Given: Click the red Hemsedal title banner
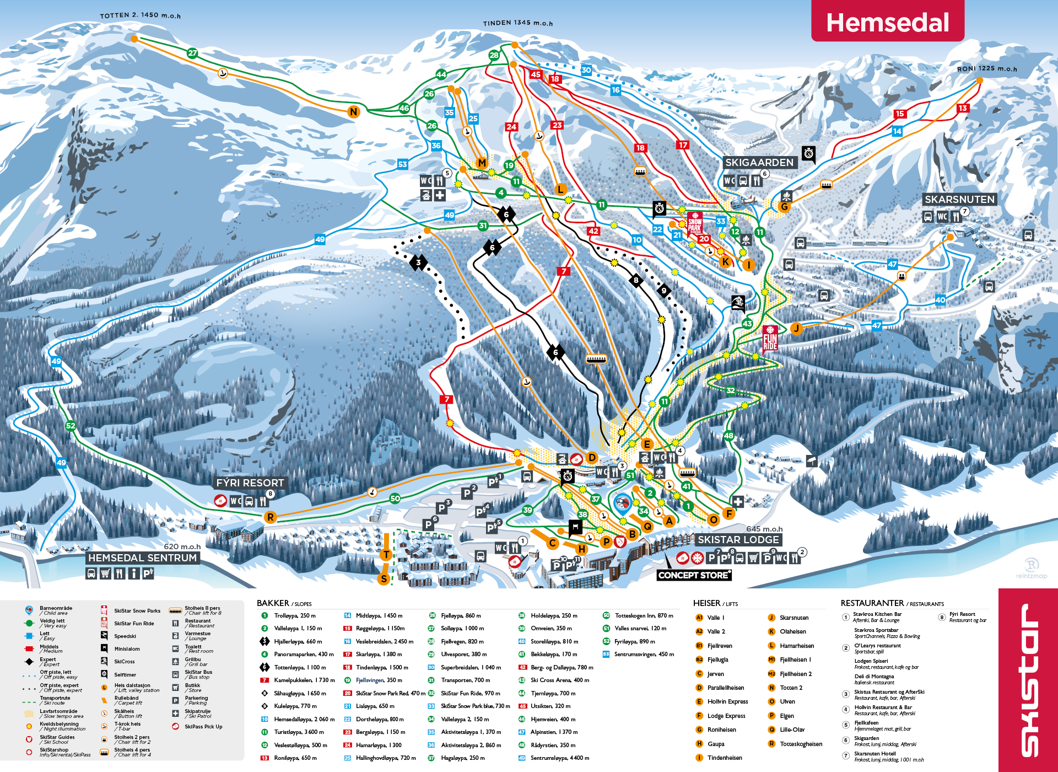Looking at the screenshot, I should click(887, 22).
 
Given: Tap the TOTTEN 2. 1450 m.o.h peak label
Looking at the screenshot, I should click(140, 15).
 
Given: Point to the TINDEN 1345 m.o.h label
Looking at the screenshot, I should click(517, 23).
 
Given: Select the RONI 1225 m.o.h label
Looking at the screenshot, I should click(986, 68).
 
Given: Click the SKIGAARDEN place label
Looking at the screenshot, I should click(759, 162).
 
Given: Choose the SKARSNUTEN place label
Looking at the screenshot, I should click(959, 199).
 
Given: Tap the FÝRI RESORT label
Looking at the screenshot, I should click(250, 482).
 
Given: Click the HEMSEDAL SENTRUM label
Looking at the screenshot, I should click(142, 557).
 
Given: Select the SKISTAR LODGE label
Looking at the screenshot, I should click(738, 539).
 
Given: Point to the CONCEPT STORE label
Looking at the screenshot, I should click(694, 575).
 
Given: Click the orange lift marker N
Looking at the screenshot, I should click(354, 112).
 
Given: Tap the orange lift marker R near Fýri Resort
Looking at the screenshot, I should click(270, 517).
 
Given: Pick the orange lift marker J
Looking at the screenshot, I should click(796, 329).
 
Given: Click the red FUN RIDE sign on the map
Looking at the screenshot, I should click(770, 339).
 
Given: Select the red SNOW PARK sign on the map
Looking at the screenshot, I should click(694, 223).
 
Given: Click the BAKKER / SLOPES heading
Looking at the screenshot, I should click(284, 603).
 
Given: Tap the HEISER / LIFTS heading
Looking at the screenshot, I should click(715, 603).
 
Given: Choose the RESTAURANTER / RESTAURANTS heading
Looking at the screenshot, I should click(892, 603).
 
